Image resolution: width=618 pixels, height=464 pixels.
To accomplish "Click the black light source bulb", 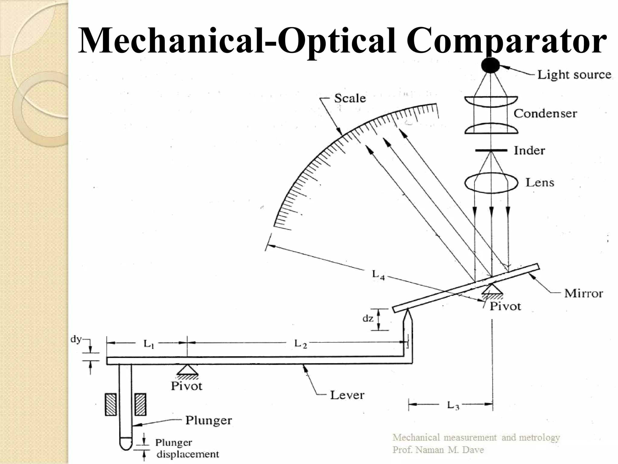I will [x=490, y=65].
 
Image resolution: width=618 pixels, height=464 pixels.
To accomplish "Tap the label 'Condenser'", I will [x=545, y=114].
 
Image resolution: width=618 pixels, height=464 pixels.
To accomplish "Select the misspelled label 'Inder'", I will [x=529, y=150].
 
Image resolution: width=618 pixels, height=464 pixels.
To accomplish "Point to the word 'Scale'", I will [x=350, y=98].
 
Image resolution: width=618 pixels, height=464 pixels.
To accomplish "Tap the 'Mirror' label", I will [x=583, y=293].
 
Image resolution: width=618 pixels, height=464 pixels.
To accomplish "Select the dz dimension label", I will [x=368, y=318].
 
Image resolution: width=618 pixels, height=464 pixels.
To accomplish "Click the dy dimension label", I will [x=76, y=339].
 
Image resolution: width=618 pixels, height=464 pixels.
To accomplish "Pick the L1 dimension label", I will [x=148, y=344].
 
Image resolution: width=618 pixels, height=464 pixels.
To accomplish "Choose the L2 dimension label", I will [x=300, y=344].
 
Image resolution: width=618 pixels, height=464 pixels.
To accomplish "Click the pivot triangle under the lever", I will [x=187, y=369].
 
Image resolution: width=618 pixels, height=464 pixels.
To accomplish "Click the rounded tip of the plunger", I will [x=126, y=444].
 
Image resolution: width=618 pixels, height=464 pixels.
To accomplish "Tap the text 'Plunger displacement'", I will [x=186, y=448].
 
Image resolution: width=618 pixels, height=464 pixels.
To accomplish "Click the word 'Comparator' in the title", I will [x=507, y=41].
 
